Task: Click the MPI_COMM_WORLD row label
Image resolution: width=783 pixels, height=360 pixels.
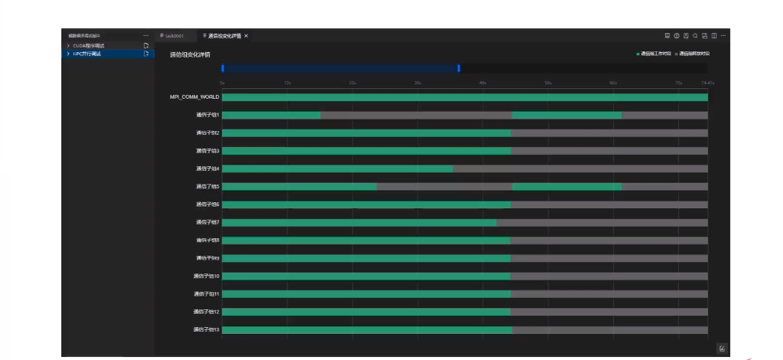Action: click(195, 97)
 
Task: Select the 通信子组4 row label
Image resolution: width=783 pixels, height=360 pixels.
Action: click(208, 169)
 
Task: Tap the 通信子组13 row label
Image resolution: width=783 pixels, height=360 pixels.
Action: click(206, 330)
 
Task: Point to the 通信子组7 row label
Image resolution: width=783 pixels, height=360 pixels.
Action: click(208, 222)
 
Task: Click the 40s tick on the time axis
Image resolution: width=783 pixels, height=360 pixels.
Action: click(483, 83)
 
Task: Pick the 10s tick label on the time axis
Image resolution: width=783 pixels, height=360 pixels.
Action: click(287, 83)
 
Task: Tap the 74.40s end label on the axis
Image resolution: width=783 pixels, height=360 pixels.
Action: click(707, 83)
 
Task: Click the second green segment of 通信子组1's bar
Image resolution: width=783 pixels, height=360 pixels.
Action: click(566, 115)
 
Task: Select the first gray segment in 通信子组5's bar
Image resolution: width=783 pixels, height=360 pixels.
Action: click(444, 186)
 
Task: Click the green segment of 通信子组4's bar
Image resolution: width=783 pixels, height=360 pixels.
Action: click(337, 169)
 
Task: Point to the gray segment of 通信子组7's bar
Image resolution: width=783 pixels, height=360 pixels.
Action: click(601, 222)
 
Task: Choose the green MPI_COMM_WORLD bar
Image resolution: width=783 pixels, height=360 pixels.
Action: click(464, 97)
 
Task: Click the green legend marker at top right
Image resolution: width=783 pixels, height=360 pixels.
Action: click(638, 54)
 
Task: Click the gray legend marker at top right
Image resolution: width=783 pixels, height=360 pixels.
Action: click(677, 54)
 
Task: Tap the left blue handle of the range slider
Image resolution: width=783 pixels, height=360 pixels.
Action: click(223, 68)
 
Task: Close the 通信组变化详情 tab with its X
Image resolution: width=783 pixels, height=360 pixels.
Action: click(246, 36)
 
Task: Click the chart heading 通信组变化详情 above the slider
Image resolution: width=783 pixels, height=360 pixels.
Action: click(190, 54)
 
